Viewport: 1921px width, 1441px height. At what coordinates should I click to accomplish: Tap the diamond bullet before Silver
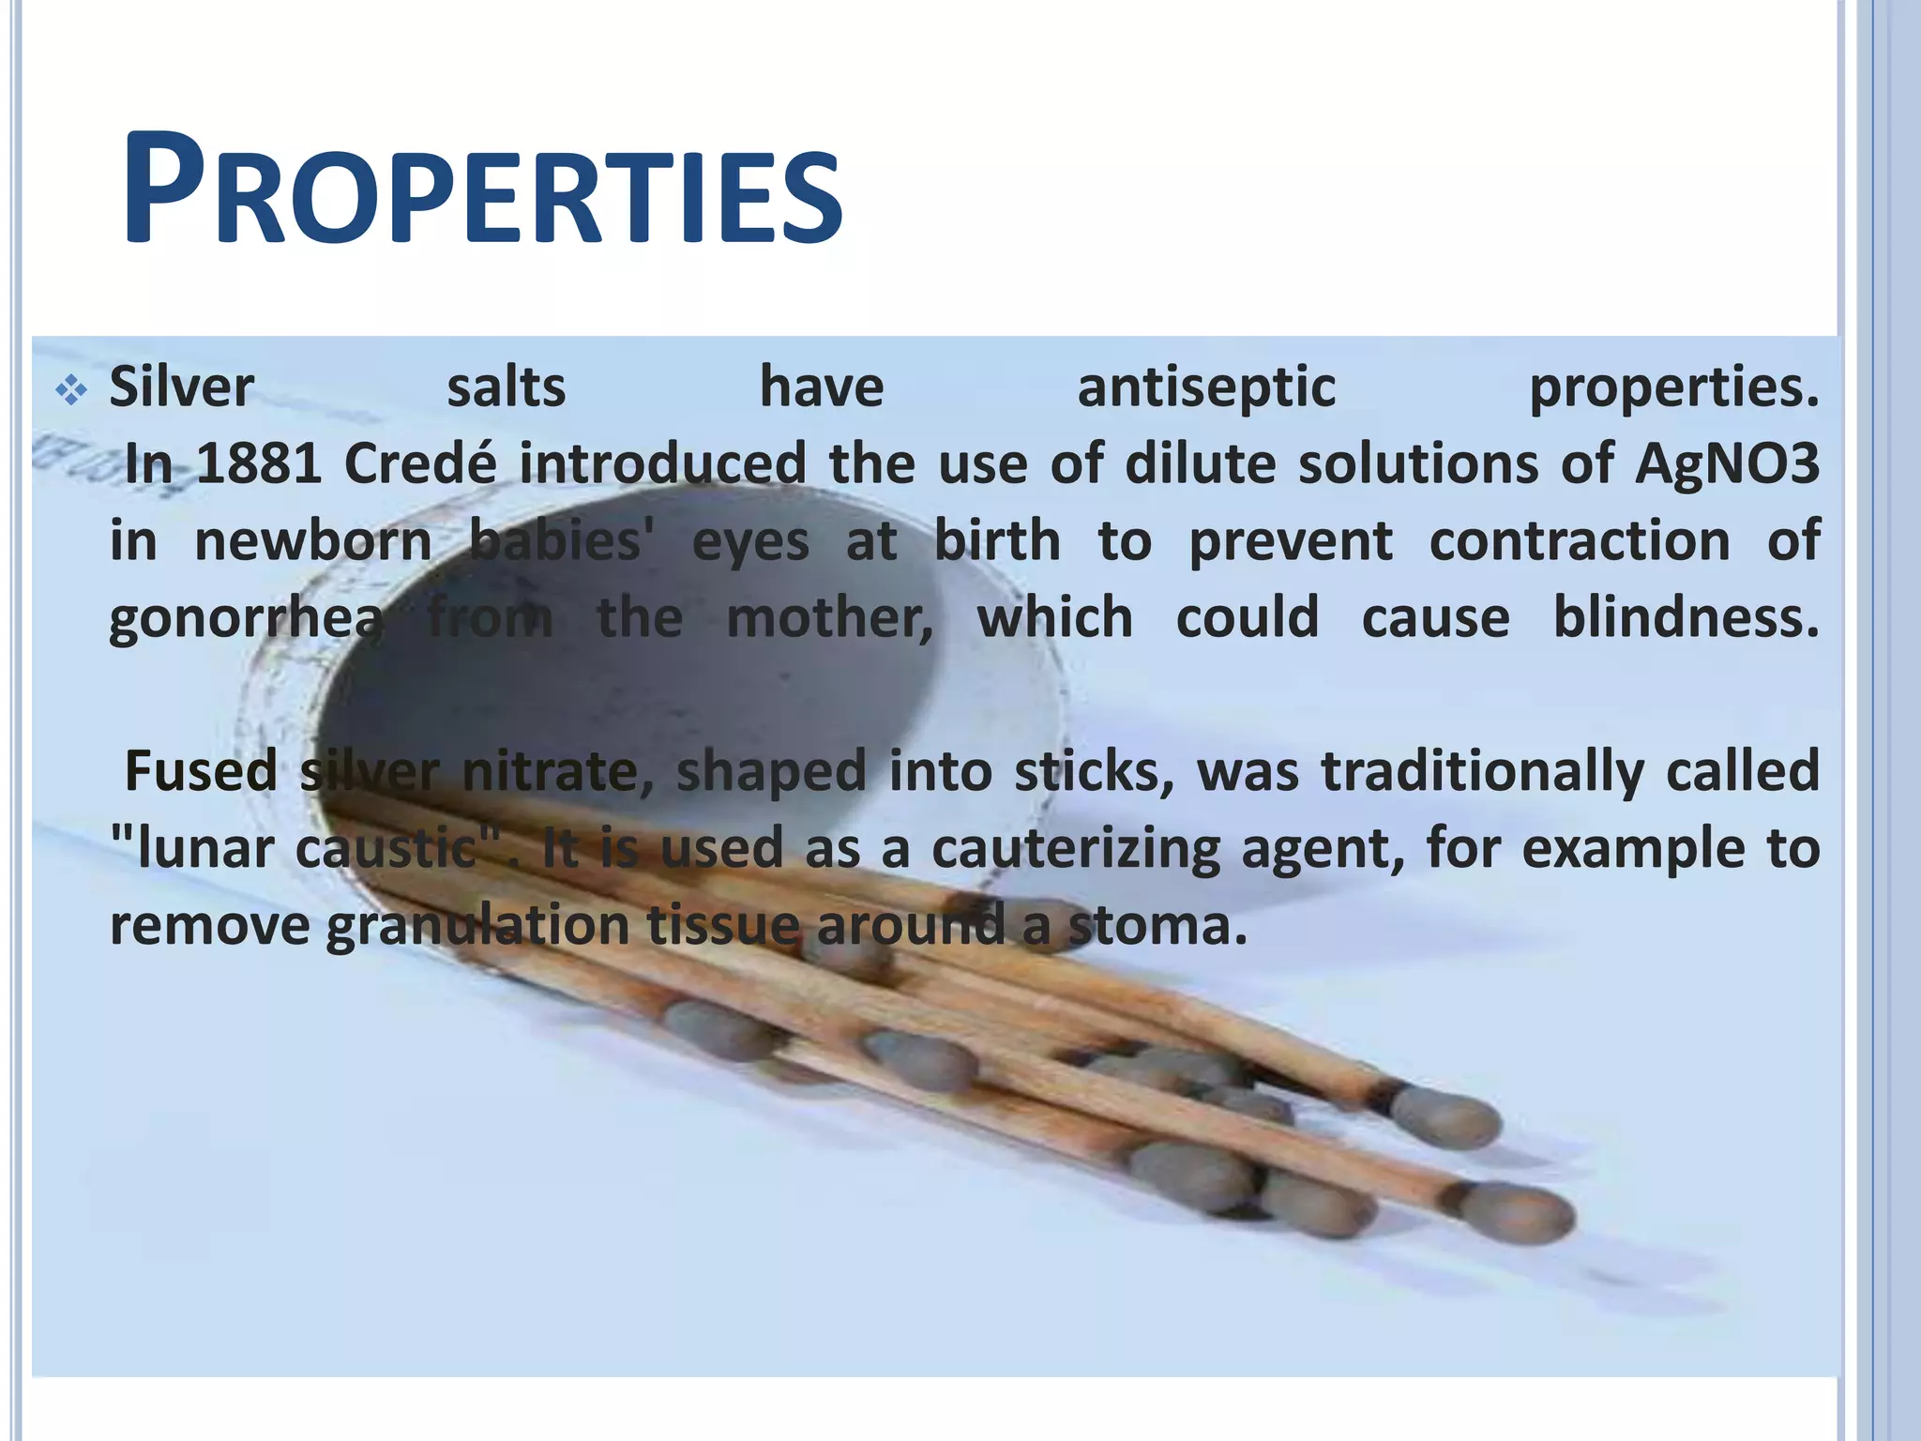tap(71, 388)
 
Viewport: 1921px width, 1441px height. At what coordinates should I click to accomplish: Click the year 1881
tap(259, 463)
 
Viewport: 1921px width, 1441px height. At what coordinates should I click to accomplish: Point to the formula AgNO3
tap(1727, 463)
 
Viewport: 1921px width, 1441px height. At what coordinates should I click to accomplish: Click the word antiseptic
tap(1206, 388)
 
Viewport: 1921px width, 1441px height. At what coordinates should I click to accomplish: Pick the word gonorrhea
tap(246, 619)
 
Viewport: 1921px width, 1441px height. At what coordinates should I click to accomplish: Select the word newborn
tap(312, 541)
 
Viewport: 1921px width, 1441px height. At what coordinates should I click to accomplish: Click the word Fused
tap(201, 771)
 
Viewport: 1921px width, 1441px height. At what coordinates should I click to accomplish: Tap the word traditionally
tap(1482, 771)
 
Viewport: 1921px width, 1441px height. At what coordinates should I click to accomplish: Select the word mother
tap(829, 618)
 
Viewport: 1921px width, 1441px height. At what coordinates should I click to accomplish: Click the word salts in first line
tap(507, 388)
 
